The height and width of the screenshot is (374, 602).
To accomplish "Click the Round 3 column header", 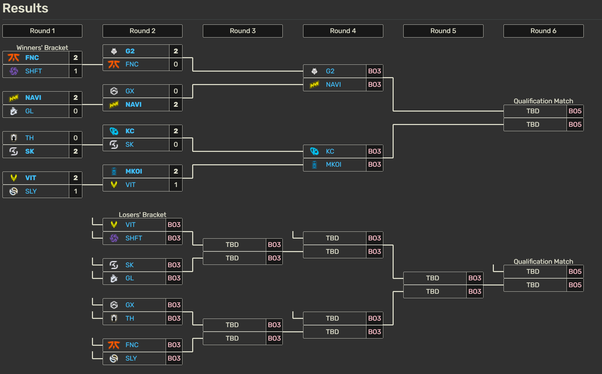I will [242, 31].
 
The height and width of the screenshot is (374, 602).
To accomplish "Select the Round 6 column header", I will [543, 31].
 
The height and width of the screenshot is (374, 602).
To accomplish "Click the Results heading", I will [25, 8].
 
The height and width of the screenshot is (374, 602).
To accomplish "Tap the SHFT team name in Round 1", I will [33, 71].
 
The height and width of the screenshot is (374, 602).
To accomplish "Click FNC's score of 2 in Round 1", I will [75, 58].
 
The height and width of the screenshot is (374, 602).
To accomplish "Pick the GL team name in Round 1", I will [29, 111].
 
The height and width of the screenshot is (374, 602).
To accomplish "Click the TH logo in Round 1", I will [14, 138].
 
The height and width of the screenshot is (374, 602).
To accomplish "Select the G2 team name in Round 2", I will [130, 51].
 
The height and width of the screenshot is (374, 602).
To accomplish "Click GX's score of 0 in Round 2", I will [176, 91].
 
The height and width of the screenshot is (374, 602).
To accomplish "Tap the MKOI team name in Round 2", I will [134, 172].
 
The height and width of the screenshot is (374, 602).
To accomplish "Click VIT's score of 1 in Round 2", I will [176, 185].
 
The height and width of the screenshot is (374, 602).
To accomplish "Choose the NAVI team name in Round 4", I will [333, 85].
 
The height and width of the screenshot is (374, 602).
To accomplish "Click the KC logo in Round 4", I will [314, 152].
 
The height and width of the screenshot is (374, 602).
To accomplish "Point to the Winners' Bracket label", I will [42, 48].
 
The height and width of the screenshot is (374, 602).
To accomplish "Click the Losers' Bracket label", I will [142, 215].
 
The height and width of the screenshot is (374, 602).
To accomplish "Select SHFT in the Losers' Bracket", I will [134, 238].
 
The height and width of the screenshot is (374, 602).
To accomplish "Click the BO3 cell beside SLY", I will [174, 359].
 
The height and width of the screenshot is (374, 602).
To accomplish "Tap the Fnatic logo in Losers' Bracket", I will [114, 345].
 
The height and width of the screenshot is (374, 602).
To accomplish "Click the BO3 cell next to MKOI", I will [374, 165].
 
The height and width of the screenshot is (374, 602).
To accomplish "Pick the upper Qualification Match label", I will [543, 101].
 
